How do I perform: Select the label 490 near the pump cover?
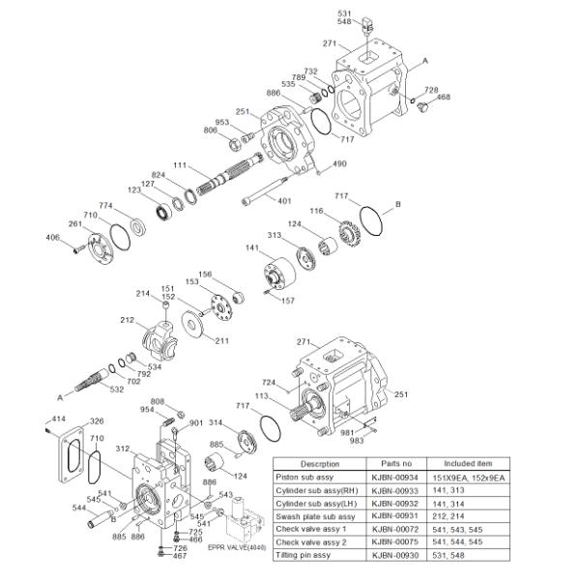(338, 164)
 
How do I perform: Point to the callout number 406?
(53, 237)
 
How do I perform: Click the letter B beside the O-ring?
(396, 205)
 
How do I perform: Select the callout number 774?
(105, 206)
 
